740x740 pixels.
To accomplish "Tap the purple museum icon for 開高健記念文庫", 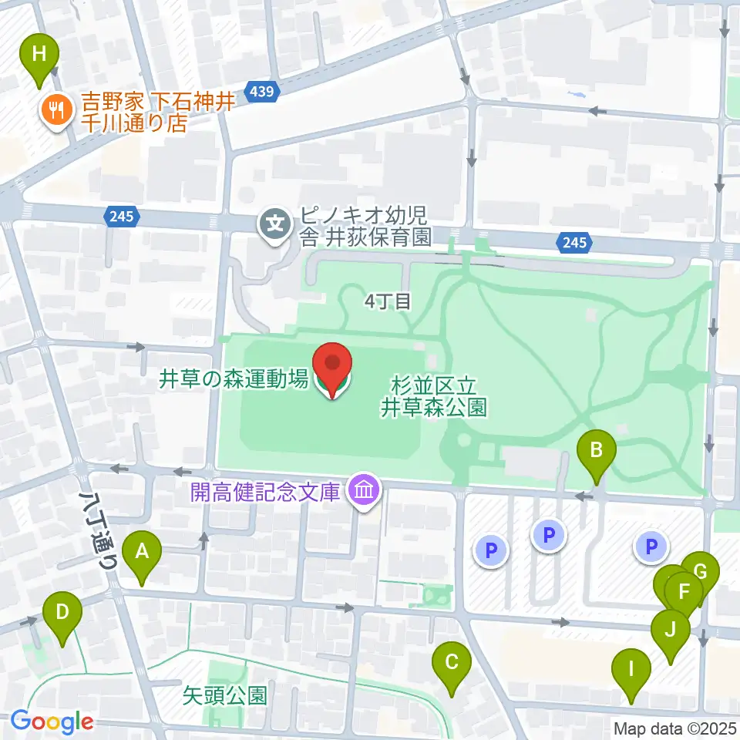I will point(361,490).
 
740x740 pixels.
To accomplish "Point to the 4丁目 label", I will point(388,301).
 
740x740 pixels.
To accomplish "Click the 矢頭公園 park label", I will point(225,696).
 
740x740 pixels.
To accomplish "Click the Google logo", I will point(51,722).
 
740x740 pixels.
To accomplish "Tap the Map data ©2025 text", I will point(675,728).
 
